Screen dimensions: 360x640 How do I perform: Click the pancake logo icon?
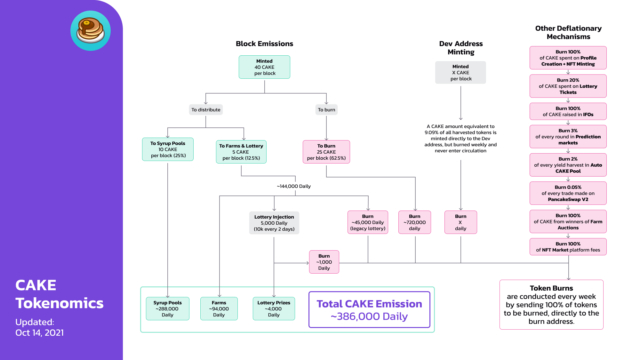pyautogui.click(x=91, y=31)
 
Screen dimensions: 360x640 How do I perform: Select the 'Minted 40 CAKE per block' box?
pyautogui.click(x=264, y=67)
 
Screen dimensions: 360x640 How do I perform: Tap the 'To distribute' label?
pyautogui.click(x=206, y=110)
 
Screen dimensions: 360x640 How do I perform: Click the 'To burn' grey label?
pyautogui.click(x=326, y=110)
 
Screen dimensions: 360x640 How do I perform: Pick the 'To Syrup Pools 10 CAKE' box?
pyautogui.click(x=168, y=149)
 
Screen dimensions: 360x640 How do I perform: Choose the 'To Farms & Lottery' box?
pyautogui.click(x=241, y=152)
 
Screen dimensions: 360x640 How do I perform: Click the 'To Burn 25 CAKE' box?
pyautogui.click(x=326, y=152)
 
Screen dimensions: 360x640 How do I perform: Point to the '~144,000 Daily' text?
pyautogui.click(x=294, y=186)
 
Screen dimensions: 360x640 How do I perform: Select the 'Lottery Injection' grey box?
pyautogui.click(x=274, y=223)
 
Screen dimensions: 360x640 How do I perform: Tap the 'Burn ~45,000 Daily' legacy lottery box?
pyautogui.click(x=368, y=222)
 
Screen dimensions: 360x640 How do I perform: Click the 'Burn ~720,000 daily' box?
pyautogui.click(x=415, y=222)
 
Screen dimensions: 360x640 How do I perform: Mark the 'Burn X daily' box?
pyautogui.click(x=461, y=222)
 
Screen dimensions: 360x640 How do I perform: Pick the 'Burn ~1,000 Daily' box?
pyautogui.click(x=324, y=262)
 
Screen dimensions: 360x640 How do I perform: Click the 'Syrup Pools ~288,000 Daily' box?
pyautogui.click(x=167, y=309)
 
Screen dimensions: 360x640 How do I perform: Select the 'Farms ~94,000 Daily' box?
pyautogui.click(x=219, y=309)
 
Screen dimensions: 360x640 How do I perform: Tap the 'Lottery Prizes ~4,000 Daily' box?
pyautogui.click(x=274, y=309)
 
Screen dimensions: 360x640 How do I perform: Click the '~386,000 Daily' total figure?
pyautogui.click(x=369, y=316)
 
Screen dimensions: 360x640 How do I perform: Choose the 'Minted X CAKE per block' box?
pyautogui.click(x=461, y=73)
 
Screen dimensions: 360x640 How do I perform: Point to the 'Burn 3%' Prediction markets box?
pyautogui.click(x=568, y=137)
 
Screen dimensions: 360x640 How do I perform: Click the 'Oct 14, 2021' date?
pyautogui.click(x=40, y=333)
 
